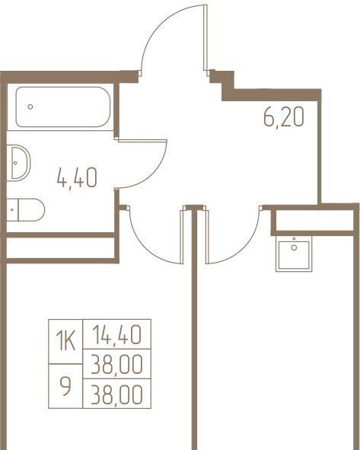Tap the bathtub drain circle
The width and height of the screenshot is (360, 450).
pos(30,107)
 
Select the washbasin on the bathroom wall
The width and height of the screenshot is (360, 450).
pos(18,163)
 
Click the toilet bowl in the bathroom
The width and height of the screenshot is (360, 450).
pos(31,210)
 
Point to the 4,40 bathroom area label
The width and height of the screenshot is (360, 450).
pos(77,178)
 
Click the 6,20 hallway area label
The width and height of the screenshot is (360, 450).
pos(283,118)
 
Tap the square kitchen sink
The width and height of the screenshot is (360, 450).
pos(294,254)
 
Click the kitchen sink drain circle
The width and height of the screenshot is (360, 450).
pos(294,247)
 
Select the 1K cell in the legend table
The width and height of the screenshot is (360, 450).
pos(65,342)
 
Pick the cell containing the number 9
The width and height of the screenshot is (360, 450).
pos(65,386)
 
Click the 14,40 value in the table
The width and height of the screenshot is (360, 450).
pos(116,334)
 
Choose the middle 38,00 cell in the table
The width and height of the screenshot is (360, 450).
pos(116,364)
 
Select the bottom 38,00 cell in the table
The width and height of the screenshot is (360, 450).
pos(116,394)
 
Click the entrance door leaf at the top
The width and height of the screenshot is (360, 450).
pos(205,38)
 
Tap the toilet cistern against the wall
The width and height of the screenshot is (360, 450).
pos(13,210)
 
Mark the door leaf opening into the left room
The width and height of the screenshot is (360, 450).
pos(182,237)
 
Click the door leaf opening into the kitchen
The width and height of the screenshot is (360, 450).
pos(207,237)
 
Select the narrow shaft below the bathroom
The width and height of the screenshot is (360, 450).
pos(61,248)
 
